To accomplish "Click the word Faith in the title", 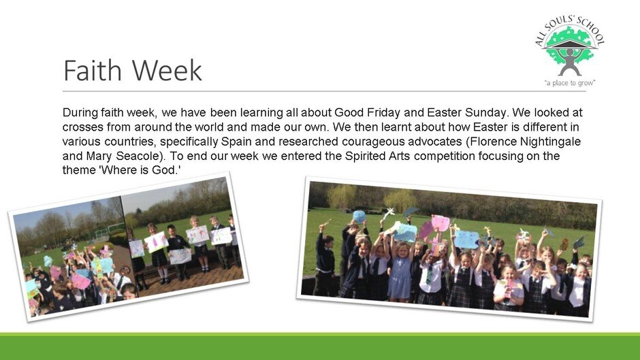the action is tap(93, 70).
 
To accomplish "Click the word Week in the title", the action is tap(167, 70).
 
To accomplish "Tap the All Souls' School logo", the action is tap(570, 50).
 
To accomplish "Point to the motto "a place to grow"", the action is tap(570, 83).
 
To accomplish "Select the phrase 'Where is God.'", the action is tap(140, 170).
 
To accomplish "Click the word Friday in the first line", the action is tap(383, 112).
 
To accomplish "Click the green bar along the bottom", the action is tap(320, 346).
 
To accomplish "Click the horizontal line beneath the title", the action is tap(325, 91).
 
